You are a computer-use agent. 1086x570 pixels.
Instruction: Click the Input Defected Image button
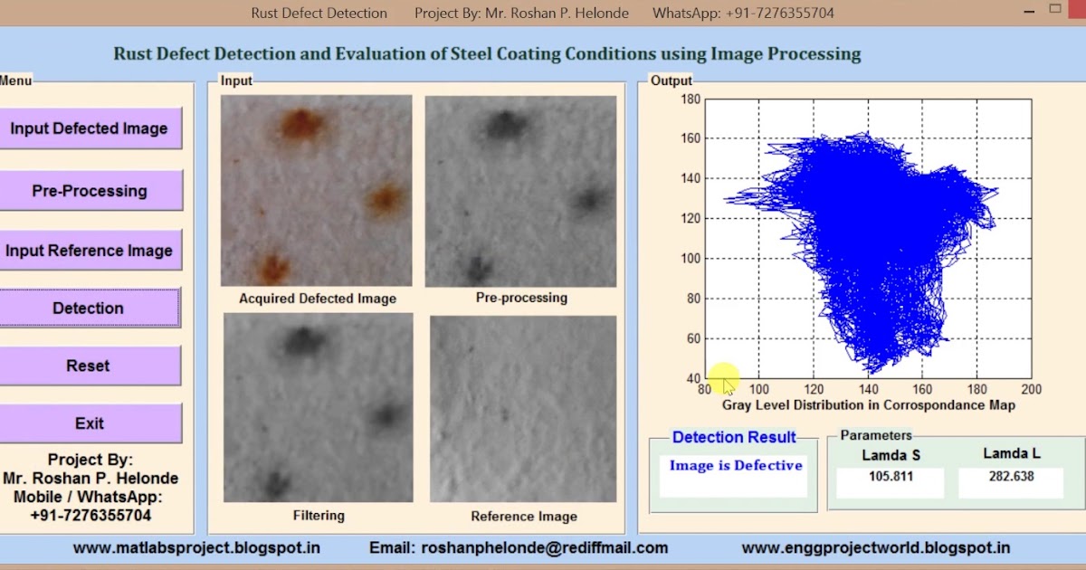coord(90,128)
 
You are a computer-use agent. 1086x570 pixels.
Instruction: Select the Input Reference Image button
coord(90,251)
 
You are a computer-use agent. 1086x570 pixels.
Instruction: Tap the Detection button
coord(89,309)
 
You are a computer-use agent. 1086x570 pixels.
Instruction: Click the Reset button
coord(88,366)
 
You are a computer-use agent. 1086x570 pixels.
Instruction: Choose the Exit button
coord(89,423)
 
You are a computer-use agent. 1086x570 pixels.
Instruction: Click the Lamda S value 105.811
coord(890,477)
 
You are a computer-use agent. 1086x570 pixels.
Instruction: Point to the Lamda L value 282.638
coord(1009,477)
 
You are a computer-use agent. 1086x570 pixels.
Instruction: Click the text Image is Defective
coord(735,466)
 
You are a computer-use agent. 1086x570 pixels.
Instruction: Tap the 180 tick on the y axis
coord(691,99)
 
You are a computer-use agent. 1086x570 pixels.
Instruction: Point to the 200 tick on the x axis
coord(1031,390)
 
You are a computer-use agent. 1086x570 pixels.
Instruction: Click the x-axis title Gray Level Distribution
coord(868,405)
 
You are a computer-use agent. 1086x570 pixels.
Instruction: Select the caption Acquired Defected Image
coord(317,298)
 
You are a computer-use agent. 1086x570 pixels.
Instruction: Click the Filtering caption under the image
coord(319,516)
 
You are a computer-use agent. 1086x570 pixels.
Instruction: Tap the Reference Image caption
coord(523,517)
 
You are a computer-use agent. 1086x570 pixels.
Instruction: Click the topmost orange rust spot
coord(300,125)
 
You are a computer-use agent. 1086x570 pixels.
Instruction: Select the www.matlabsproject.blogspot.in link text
coord(196,547)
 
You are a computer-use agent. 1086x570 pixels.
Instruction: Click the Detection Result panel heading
coord(733,438)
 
